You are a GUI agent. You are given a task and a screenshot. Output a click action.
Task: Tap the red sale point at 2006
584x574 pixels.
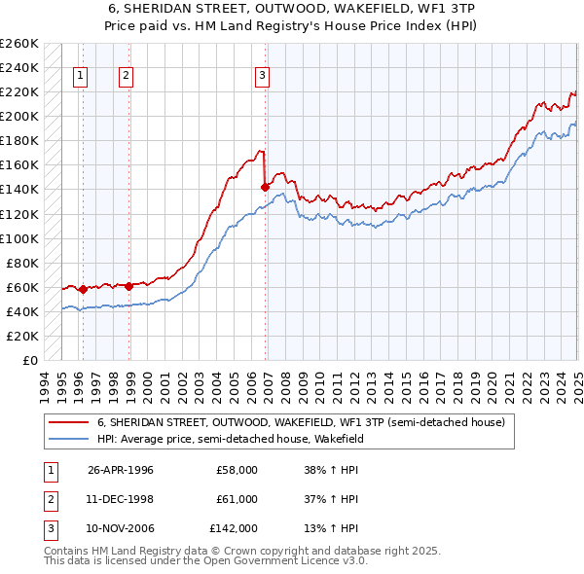pyautogui.click(x=265, y=187)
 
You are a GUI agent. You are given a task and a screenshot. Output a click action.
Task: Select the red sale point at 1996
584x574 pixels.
pyautogui.click(x=83, y=289)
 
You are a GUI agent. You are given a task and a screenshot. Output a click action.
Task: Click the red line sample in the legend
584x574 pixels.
pyautogui.click(x=68, y=423)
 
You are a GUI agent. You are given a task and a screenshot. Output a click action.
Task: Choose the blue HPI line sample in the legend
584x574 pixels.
pyautogui.click(x=68, y=439)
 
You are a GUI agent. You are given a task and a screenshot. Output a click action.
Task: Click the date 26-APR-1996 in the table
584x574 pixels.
pyautogui.click(x=121, y=470)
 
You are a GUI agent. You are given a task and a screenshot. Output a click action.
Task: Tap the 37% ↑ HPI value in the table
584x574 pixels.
pyautogui.click(x=332, y=499)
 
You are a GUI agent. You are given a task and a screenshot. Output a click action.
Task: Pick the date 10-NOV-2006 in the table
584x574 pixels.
pyautogui.click(x=121, y=528)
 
